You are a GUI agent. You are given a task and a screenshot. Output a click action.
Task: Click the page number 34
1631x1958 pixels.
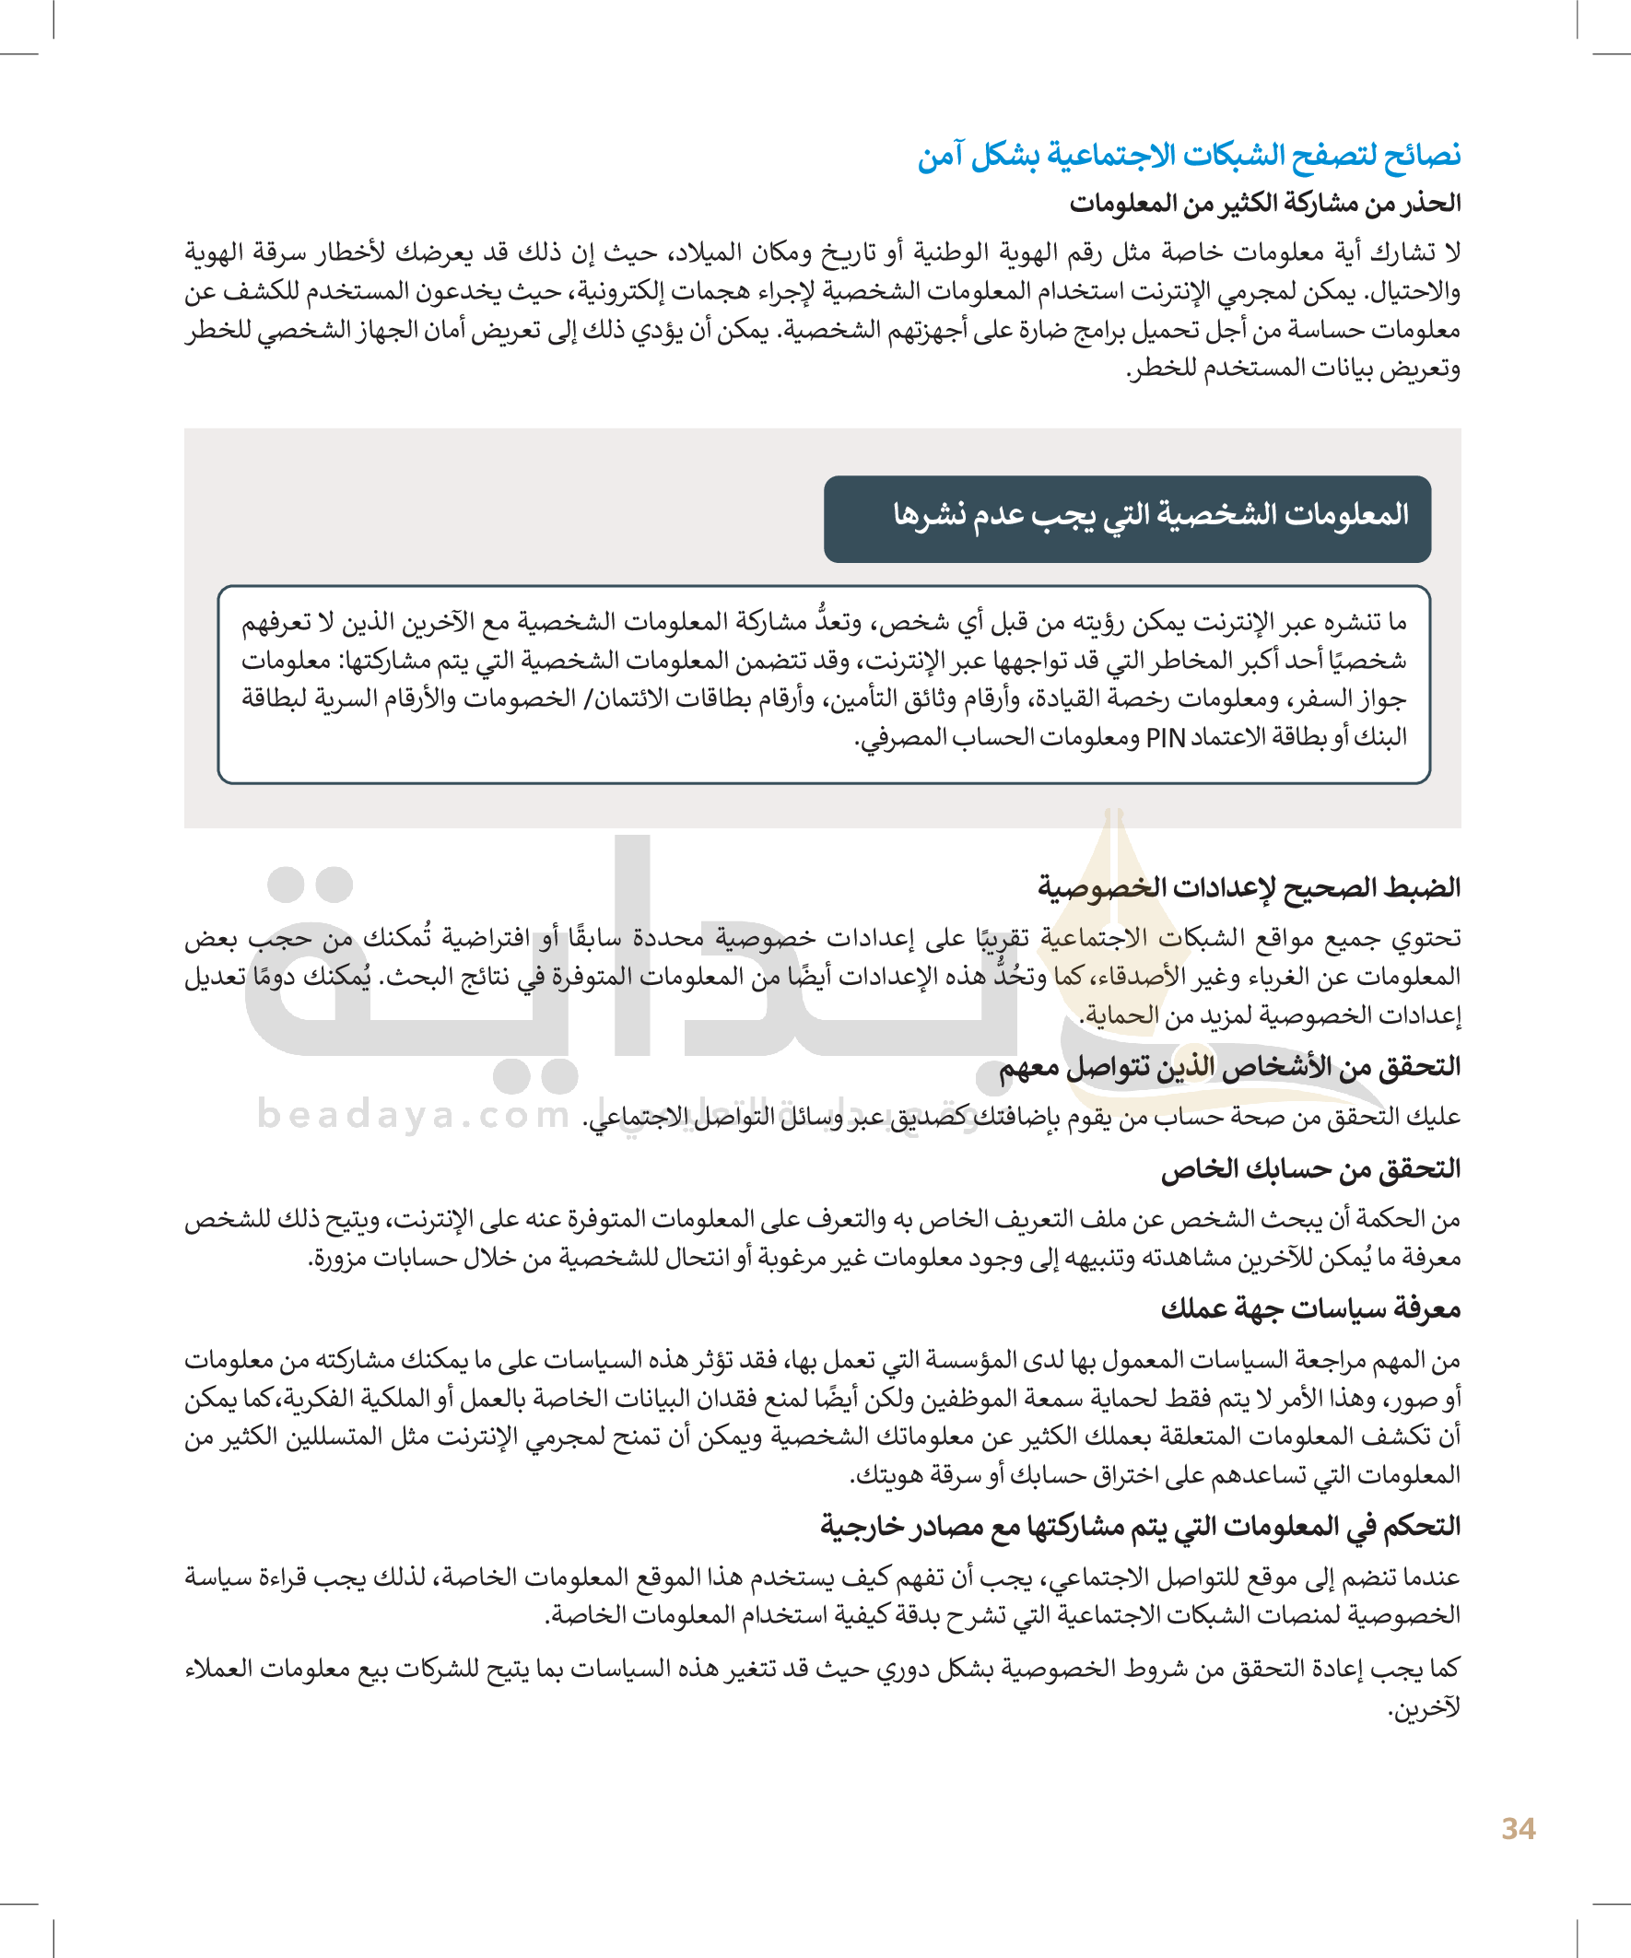tap(1519, 1828)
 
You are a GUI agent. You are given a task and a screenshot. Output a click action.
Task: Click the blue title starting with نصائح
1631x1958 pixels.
tap(1189, 156)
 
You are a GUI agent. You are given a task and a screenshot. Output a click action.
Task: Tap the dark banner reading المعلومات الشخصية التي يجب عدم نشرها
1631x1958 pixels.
tap(1127, 519)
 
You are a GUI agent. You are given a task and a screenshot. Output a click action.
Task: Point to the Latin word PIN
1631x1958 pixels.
tap(1165, 738)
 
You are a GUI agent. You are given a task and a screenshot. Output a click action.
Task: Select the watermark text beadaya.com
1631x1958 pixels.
tap(413, 1114)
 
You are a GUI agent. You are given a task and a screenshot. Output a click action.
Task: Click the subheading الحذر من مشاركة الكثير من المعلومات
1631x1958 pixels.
tap(1264, 204)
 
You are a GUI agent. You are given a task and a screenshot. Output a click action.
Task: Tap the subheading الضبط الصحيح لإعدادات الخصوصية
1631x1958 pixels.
tap(1249, 886)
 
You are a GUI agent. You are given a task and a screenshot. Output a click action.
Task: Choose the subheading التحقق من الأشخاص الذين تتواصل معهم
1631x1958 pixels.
tap(1229, 1066)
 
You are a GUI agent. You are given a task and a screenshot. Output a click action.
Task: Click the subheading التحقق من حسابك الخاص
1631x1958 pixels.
tap(1310, 1168)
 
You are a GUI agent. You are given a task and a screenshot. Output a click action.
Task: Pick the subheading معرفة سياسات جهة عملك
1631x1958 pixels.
tap(1310, 1309)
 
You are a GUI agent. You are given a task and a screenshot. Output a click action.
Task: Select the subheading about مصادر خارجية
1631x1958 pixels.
tap(1140, 1525)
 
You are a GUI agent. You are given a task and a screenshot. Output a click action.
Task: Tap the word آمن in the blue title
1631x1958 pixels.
tap(940, 156)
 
